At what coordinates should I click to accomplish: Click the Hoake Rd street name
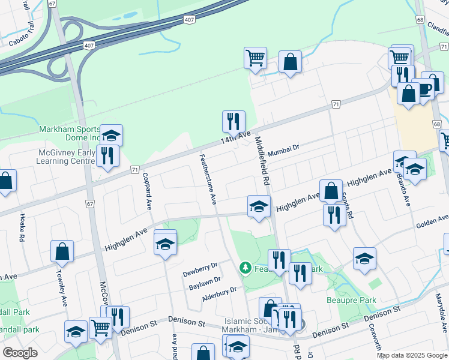(22, 228)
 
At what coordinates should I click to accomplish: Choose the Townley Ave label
(62, 292)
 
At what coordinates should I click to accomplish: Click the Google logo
(20, 353)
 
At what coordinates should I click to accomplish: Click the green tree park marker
(245, 266)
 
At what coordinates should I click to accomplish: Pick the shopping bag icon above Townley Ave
(62, 251)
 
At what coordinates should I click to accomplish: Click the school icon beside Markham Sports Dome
(111, 135)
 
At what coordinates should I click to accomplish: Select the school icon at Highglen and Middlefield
(259, 206)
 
